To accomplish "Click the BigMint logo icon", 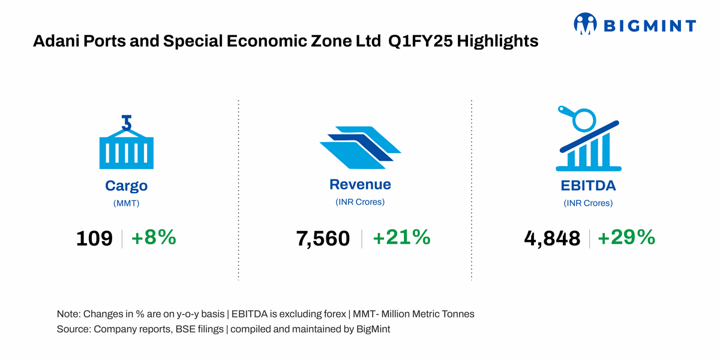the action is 586,23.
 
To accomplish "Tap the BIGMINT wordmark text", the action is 650,26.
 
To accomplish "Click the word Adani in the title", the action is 56,41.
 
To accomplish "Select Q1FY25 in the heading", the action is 421,41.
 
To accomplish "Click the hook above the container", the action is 127,122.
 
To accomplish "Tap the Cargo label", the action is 127,186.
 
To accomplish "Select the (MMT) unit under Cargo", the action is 127,203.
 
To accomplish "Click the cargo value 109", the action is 94,239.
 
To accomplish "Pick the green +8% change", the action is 154,237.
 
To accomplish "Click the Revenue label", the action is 360,184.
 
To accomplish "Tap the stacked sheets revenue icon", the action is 360,148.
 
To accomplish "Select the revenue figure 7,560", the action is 323,239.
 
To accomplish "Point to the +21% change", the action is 401,237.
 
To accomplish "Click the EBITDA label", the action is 588,185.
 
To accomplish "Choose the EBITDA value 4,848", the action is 552,239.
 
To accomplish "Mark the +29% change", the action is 626,237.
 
